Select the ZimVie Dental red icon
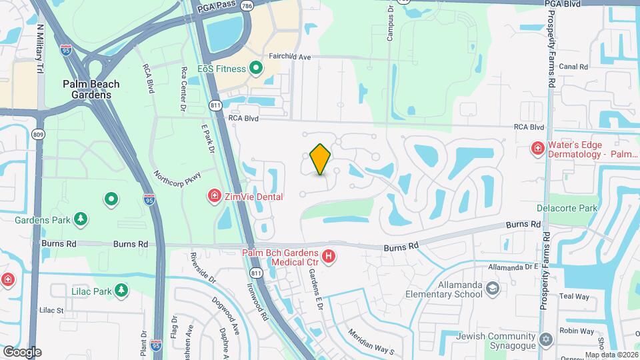pos(215,196)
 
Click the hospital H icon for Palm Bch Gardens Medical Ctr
pos(328,256)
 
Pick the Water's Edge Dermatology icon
pos(536,148)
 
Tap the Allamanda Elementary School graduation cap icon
pos(493,289)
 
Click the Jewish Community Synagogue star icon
pos(547,340)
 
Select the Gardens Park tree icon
pos(81,219)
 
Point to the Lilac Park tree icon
pos(121,290)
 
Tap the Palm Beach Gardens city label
pos(91,89)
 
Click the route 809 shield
pos(38,134)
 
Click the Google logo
pos(22,351)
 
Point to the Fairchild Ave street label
pos(290,57)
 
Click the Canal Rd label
pos(573,67)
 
